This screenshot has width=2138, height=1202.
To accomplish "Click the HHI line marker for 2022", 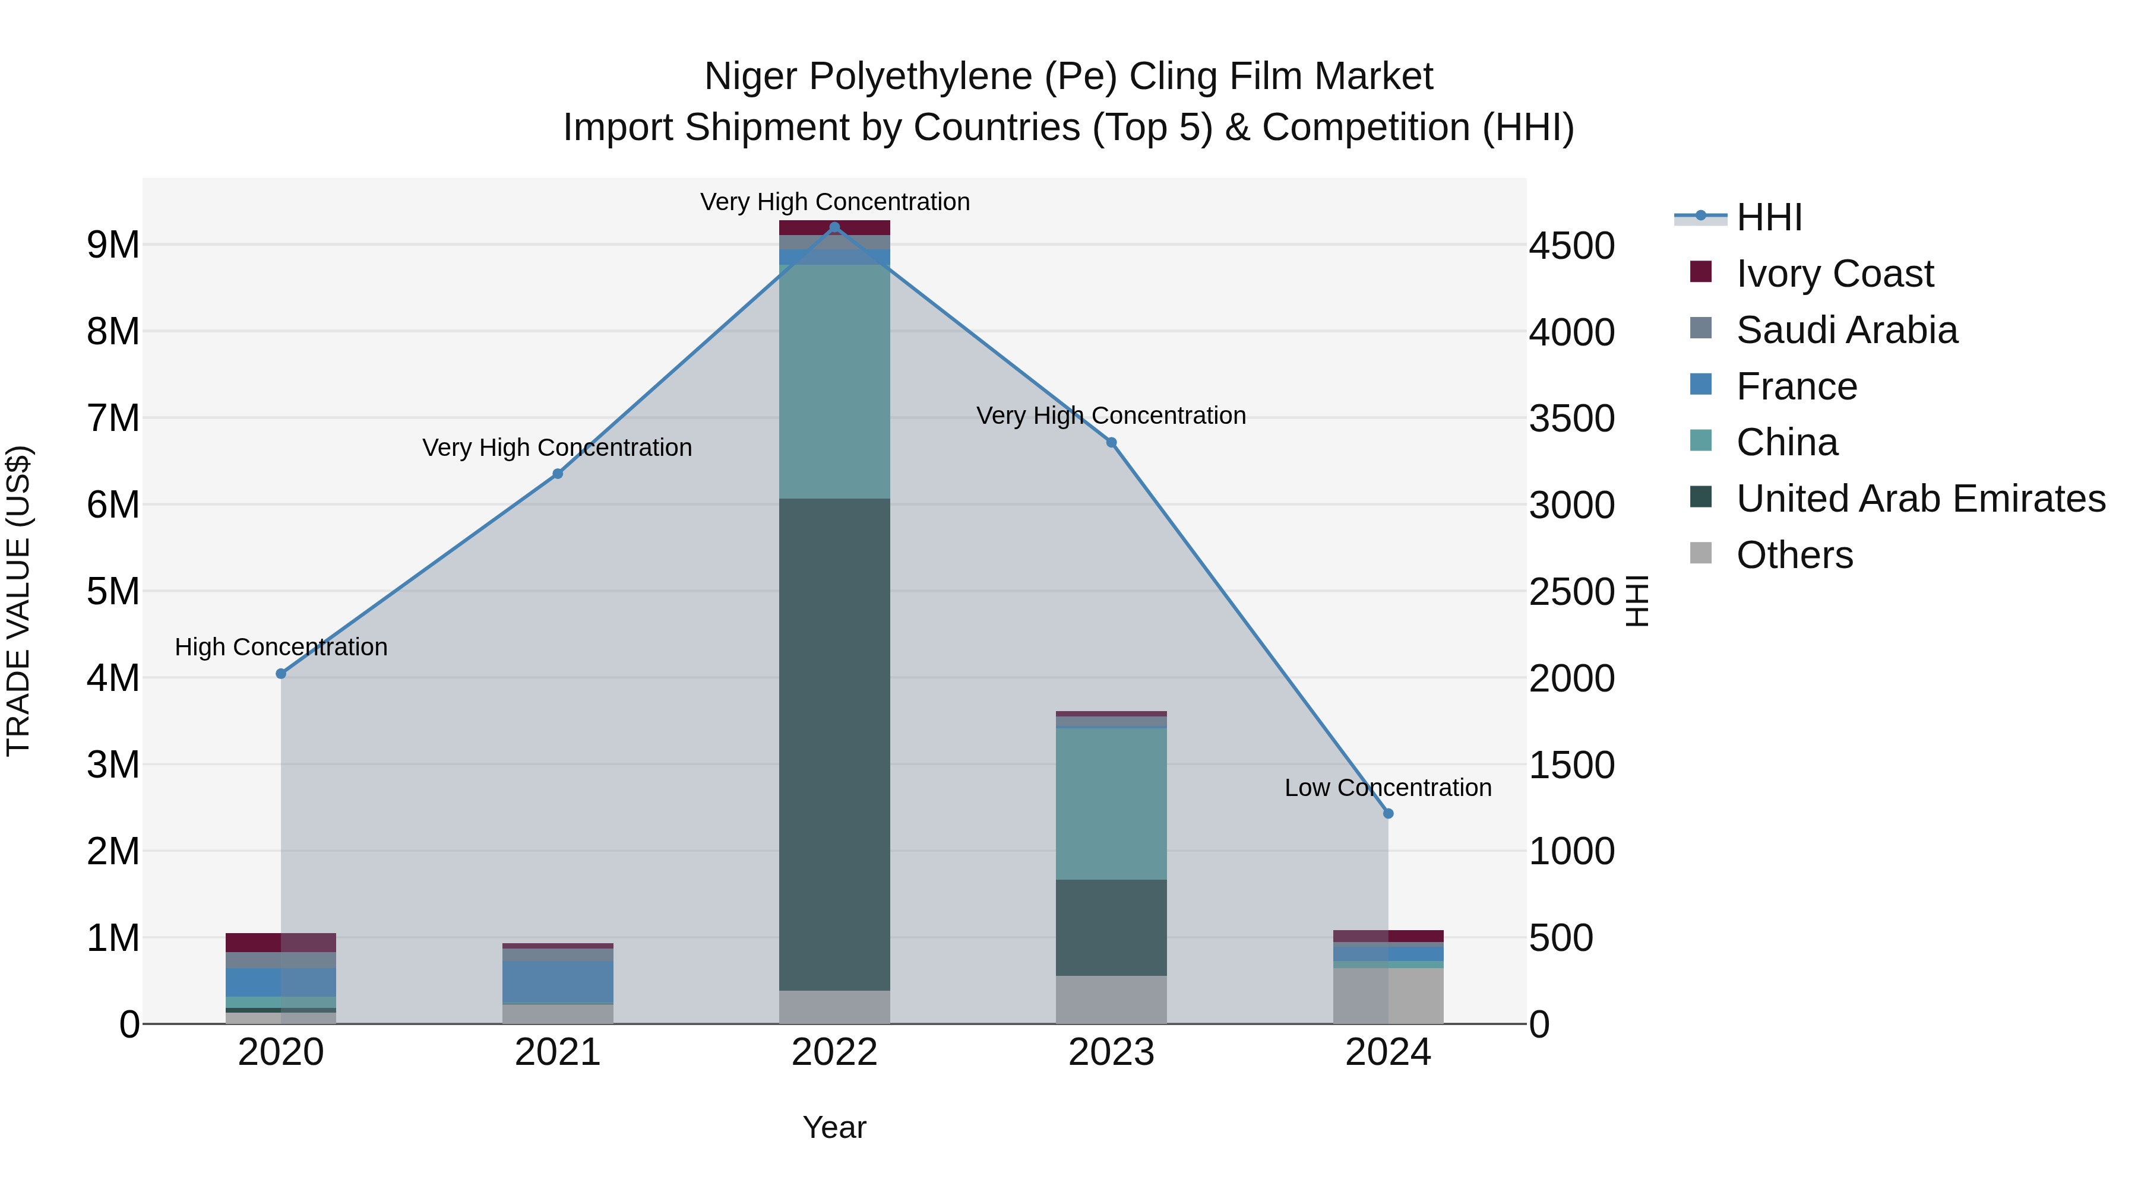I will pos(834,227).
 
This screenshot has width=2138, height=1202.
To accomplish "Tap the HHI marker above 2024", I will pos(1388,814).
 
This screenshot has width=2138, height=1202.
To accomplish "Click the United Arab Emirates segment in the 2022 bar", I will pos(834,744).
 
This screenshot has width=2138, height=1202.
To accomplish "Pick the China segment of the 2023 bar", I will pos(1111,803).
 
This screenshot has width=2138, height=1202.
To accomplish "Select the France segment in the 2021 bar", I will pos(557,982).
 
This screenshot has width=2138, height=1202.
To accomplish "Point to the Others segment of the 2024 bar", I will pos(1388,995).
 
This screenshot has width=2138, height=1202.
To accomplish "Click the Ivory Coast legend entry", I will pos(1835,274).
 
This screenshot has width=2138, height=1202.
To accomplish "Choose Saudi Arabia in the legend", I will pos(1846,330).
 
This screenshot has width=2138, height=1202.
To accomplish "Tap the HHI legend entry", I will pos(1769,217).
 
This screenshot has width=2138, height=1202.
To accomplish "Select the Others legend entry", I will pos(1794,555).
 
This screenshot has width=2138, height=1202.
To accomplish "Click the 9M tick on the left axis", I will pos(113,245).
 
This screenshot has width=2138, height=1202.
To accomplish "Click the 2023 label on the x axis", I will pos(1111,1052).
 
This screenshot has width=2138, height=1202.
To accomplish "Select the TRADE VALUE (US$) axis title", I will pos(18,601).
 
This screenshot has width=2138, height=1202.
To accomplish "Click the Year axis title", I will pos(834,1127).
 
